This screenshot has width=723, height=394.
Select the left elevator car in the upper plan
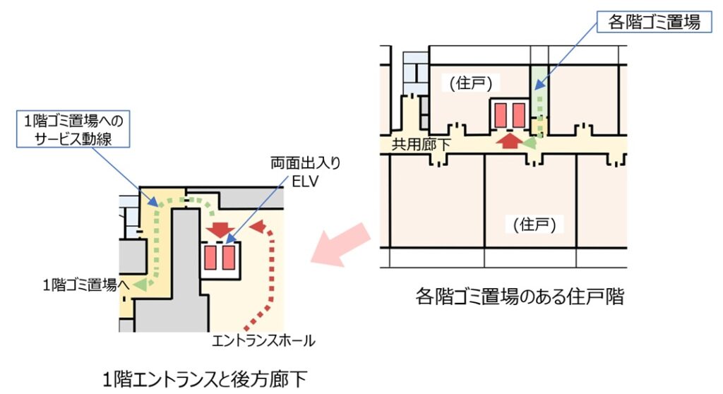point(501,114)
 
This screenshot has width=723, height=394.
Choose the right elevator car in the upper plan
point(519,114)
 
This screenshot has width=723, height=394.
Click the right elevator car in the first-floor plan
point(228,258)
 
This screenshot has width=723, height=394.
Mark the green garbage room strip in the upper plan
point(539,99)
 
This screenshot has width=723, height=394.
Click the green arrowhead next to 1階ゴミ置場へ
point(142,285)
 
